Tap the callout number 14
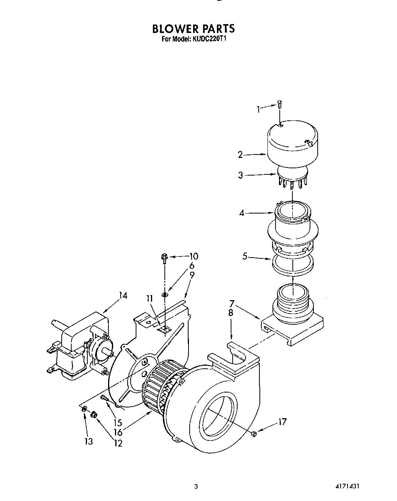coord(123,296)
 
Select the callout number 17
coord(282,422)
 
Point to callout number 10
coord(194,256)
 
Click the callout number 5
coord(244,256)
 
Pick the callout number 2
coord(240,155)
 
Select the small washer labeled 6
coord(164,294)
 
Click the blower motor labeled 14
coord(79,345)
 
